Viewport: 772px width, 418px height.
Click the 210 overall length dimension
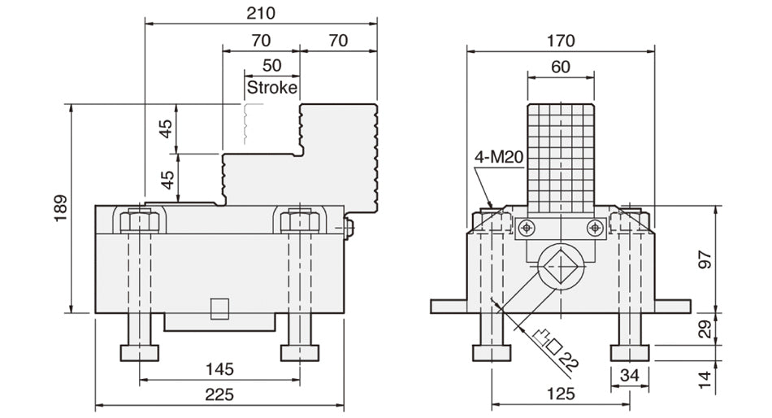[262, 13]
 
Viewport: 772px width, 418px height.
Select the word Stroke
[271, 87]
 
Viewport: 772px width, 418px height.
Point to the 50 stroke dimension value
[272, 65]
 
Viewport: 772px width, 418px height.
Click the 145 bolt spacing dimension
[219, 369]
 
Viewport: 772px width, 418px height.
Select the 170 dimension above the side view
[561, 40]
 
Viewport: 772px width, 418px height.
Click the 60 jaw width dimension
[560, 67]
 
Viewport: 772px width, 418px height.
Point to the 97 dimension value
[705, 259]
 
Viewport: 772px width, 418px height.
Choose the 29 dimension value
[705, 329]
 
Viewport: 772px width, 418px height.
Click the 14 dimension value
[705, 377]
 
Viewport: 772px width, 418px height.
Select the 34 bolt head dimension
[631, 375]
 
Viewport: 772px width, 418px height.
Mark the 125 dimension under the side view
[561, 394]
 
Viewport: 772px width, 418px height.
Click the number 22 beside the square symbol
[570, 359]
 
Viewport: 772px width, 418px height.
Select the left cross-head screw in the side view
[527, 227]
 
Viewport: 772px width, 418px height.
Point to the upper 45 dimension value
[166, 128]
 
